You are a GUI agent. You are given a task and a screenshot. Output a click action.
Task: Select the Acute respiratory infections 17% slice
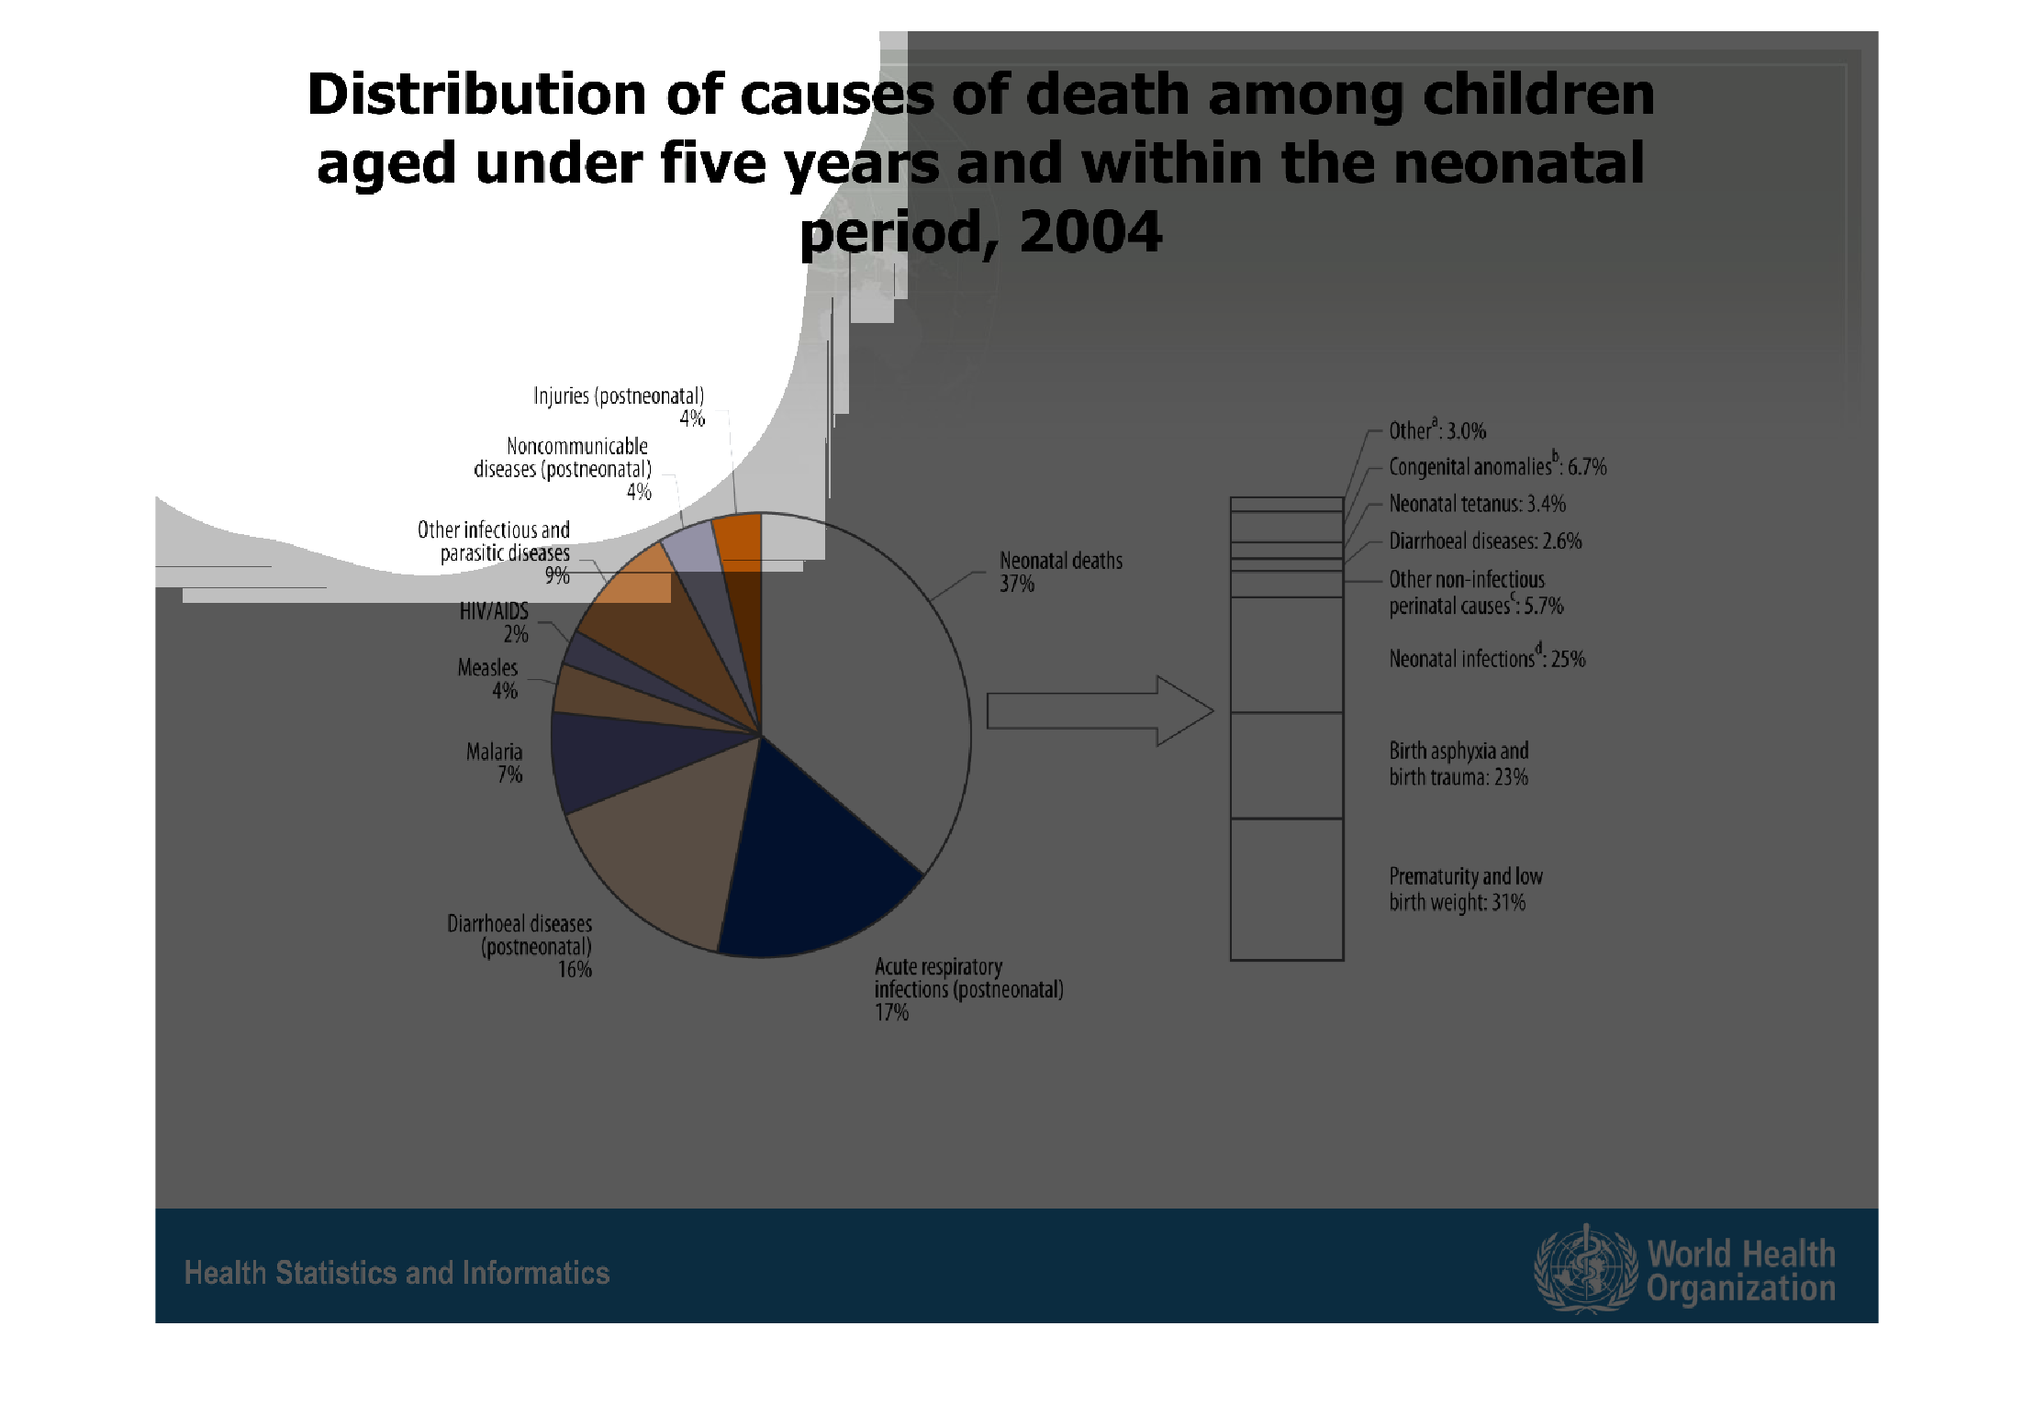click(x=808, y=872)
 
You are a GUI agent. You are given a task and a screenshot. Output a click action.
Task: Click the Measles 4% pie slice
click(x=597, y=697)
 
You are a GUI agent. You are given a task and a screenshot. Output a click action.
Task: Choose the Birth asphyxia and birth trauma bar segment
click(x=1286, y=765)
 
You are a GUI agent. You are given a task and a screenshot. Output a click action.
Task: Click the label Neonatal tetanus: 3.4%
click(x=1477, y=504)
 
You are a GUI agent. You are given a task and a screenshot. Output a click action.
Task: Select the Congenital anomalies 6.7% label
click(x=1497, y=466)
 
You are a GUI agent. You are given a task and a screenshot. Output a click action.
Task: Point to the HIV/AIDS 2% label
click(x=495, y=622)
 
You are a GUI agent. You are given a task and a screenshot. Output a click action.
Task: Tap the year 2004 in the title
click(x=1090, y=232)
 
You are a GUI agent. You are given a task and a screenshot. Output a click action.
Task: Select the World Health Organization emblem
click(x=1585, y=1269)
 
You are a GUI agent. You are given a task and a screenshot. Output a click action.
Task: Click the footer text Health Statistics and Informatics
click(x=397, y=1273)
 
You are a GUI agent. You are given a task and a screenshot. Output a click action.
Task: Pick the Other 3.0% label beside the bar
click(x=1436, y=430)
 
